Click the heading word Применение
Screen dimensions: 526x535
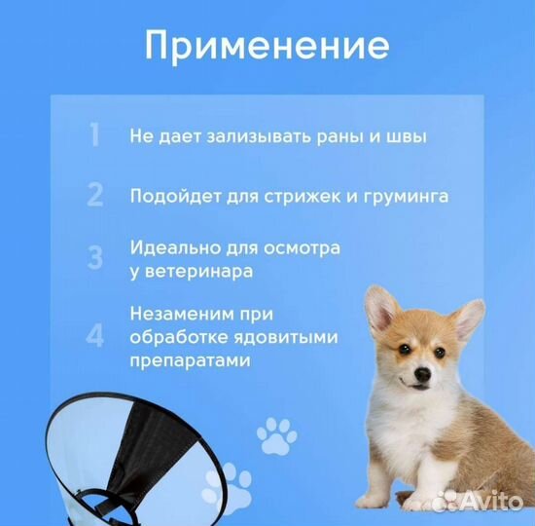[267, 45]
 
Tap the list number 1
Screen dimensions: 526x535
[93, 135]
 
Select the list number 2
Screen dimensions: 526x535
[94, 195]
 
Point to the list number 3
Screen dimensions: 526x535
[94, 258]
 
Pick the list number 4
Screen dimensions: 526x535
[94, 336]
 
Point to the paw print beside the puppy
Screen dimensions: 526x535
[276, 435]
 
